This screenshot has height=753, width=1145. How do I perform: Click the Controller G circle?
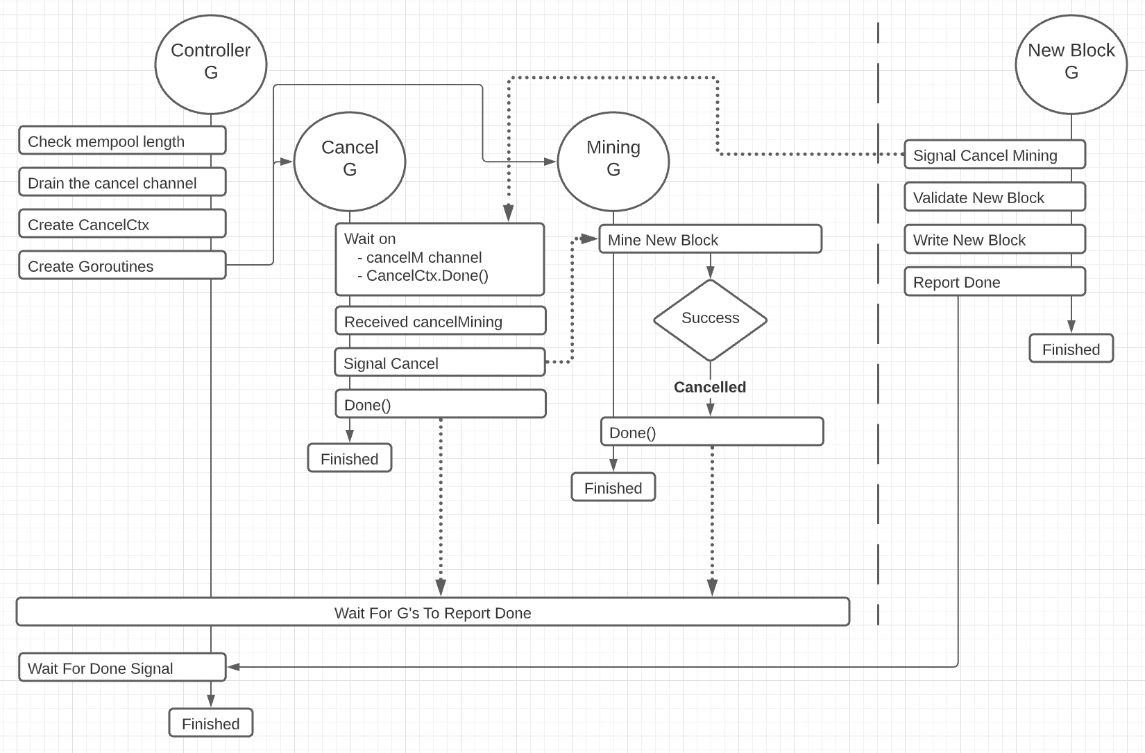tap(211, 64)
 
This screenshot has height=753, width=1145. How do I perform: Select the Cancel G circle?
tap(350, 161)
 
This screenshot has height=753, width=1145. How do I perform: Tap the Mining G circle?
tap(613, 161)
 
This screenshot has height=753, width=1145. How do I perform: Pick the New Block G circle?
tap(1071, 64)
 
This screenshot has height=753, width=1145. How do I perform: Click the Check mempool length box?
tap(122, 141)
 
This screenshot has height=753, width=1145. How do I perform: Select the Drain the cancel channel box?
tap(122, 182)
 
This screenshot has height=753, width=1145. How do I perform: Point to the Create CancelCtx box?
tap(122, 224)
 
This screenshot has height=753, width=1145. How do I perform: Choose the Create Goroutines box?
tap(122, 266)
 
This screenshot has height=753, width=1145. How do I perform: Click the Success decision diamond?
tap(710, 319)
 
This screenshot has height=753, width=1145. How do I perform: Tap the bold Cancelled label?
tap(710, 387)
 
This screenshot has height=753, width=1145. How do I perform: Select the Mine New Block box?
tap(710, 239)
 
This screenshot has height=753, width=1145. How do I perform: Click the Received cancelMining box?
tap(441, 321)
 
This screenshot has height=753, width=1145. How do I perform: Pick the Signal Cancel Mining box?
tap(994, 155)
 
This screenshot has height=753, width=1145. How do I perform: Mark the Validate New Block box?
tap(994, 197)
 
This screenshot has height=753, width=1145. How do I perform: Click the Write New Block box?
tap(994, 239)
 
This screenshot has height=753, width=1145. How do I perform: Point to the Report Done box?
tap(994, 282)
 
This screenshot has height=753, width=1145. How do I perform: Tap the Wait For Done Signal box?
tap(122, 668)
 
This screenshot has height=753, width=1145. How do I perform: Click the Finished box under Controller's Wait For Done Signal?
tap(211, 723)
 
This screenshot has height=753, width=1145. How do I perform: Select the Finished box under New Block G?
tap(1071, 349)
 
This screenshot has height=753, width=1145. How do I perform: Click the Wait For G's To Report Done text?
tap(432, 613)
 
